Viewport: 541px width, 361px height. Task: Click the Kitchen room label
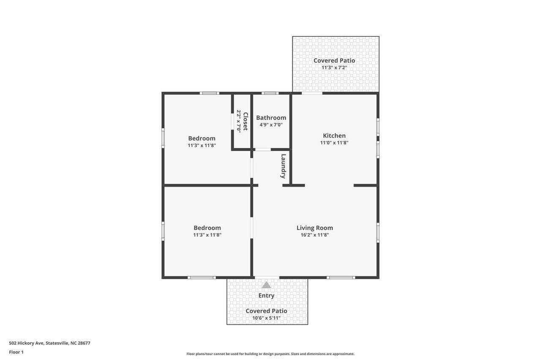point(334,136)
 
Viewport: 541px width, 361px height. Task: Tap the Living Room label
point(315,228)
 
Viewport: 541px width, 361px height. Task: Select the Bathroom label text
point(271,118)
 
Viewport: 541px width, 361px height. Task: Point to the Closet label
point(246,121)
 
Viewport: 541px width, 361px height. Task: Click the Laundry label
point(283,166)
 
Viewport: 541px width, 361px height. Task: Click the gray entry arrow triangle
point(266,285)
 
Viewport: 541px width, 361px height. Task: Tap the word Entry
point(266,295)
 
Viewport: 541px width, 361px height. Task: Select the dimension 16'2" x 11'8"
point(315,235)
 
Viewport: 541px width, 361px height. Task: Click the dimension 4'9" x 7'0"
point(271,125)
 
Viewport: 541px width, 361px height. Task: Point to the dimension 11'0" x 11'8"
point(334,143)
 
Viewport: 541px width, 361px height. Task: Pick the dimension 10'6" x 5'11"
point(266,318)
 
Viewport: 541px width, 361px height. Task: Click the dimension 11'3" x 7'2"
point(334,67)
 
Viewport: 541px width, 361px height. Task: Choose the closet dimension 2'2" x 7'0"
point(239,121)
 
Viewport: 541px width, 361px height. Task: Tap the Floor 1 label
point(16,352)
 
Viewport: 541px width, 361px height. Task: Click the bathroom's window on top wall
point(270,93)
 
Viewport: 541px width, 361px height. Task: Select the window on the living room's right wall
point(378,232)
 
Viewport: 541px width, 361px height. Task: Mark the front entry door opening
point(267,278)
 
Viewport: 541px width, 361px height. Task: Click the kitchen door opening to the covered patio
point(312,93)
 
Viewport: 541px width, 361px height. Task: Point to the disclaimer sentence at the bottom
point(270,354)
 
